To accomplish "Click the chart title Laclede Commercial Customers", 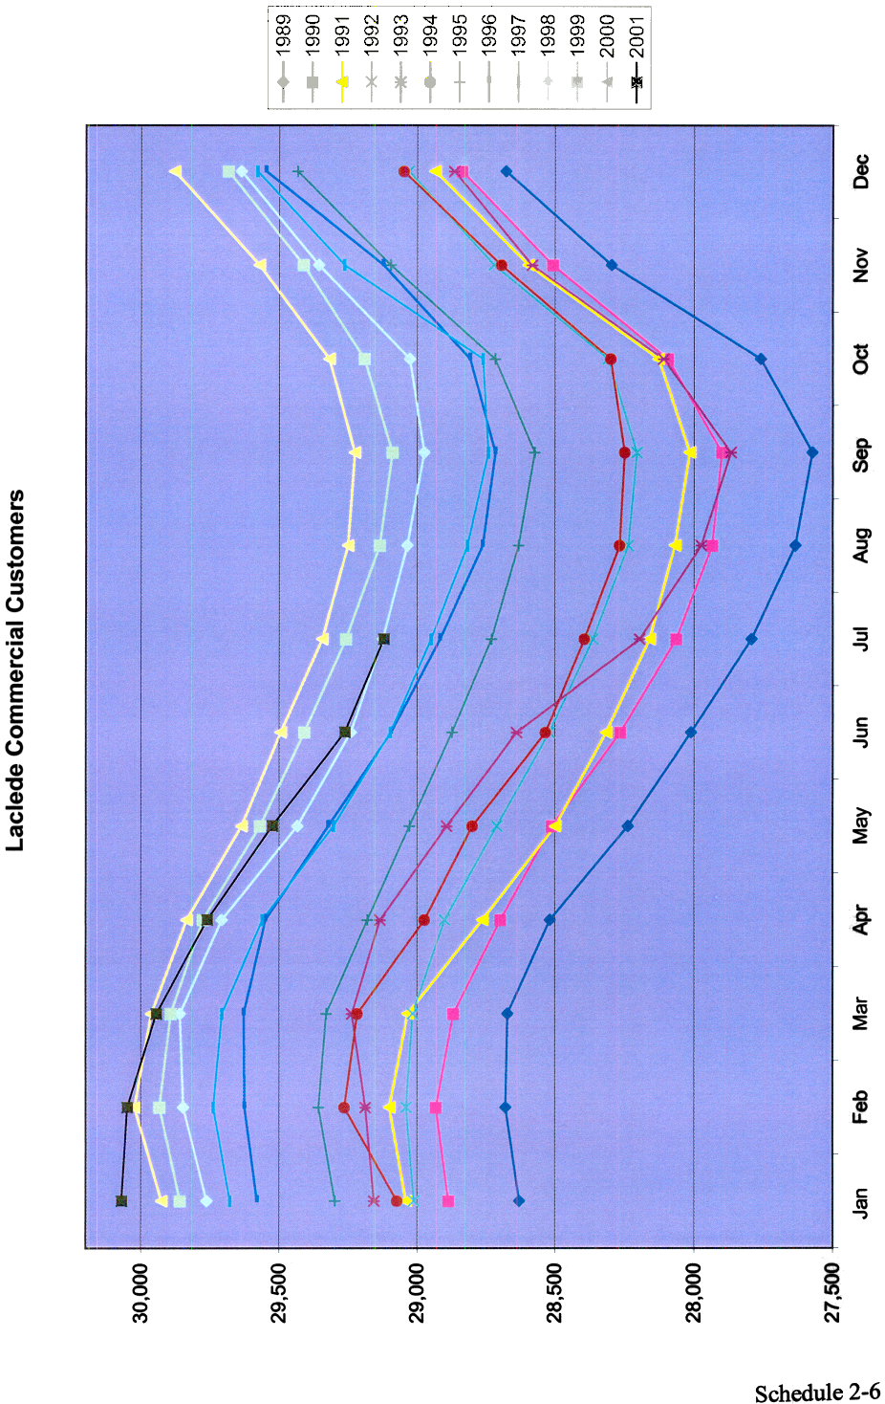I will pyautogui.click(x=15, y=670).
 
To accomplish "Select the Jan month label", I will pyautogui.click(x=860, y=1201).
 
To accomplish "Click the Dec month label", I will pyautogui.click(x=860, y=172).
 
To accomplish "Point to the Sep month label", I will pyautogui.click(x=860, y=454).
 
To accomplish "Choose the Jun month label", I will pyautogui.click(x=860, y=733).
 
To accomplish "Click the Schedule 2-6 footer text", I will pyautogui.click(x=817, y=1393).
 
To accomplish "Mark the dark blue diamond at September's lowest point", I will pyautogui.click(x=812, y=452).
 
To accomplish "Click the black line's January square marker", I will pyautogui.click(x=121, y=1200).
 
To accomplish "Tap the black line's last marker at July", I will pyautogui.click(x=384, y=639).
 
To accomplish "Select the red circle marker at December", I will pyautogui.click(x=404, y=172).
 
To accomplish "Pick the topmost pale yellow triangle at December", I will pyautogui.click(x=176, y=171).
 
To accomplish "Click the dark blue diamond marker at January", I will pyautogui.click(x=519, y=1200).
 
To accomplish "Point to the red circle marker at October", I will pyautogui.click(x=611, y=359).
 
